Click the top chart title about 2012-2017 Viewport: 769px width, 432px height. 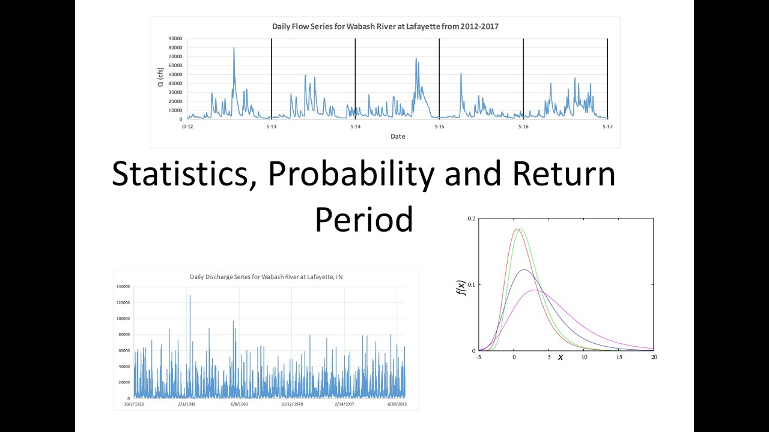click(x=385, y=26)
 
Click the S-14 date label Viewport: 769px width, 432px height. click(x=355, y=127)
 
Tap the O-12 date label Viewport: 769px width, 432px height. click(x=187, y=127)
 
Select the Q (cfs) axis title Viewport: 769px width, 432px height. click(x=161, y=77)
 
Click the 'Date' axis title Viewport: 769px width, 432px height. click(x=398, y=136)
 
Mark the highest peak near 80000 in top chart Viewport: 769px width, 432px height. click(x=234, y=47)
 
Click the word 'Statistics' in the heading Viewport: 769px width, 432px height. click(x=184, y=175)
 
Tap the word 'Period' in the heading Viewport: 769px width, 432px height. click(x=363, y=220)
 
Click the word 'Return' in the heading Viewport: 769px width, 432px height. click(x=564, y=175)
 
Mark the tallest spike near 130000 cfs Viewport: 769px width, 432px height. click(x=190, y=295)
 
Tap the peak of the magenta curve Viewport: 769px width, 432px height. click(x=535, y=290)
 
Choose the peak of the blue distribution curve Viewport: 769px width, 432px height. click(x=524, y=270)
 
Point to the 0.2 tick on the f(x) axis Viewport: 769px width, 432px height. click(x=472, y=219)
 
